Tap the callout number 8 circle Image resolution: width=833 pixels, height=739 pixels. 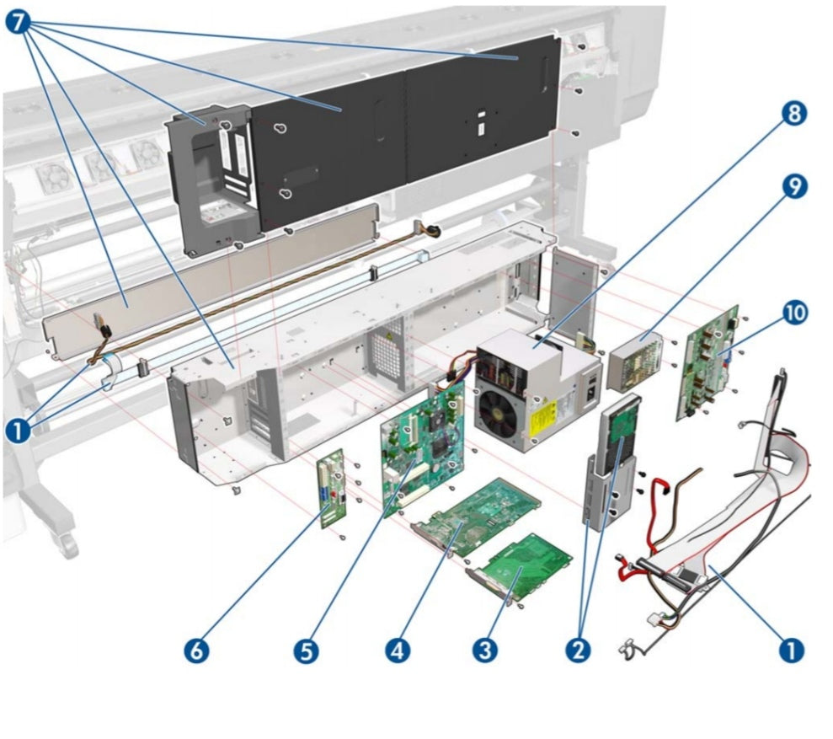pyautogui.click(x=792, y=114)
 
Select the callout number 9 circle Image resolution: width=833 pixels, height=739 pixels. pyautogui.click(x=792, y=187)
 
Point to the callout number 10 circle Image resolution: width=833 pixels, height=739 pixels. pyautogui.click(x=792, y=313)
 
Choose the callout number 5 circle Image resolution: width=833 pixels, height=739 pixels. pyautogui.click(x=307, y=651)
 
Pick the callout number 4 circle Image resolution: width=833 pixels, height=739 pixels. pyautogui.click(x=398, y=651)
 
